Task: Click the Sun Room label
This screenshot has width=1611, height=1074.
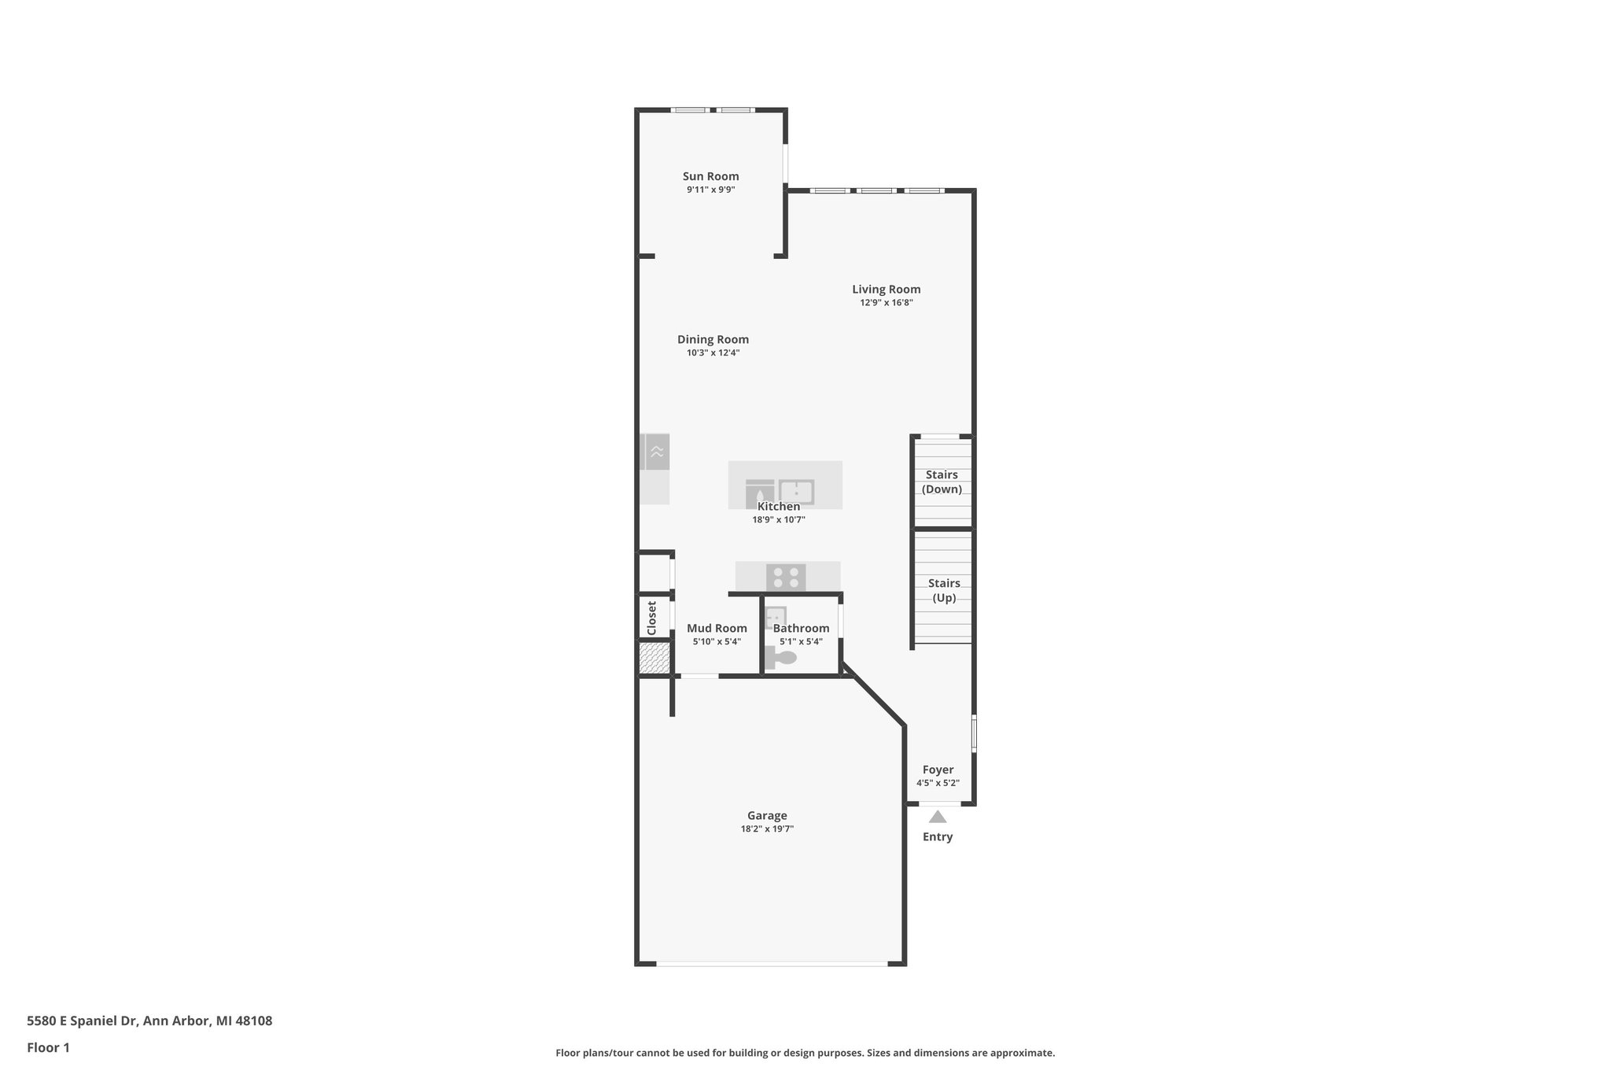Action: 710,176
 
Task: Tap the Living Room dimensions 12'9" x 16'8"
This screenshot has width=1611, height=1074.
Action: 886,303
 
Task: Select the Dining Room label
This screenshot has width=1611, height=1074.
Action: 713,340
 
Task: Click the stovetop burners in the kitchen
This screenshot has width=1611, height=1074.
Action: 786,578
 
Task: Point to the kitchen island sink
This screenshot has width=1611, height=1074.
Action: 796,492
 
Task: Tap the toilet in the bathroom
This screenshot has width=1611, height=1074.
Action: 780,659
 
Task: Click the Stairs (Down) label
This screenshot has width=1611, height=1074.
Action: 942,482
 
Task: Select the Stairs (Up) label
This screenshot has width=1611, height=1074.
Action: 943,590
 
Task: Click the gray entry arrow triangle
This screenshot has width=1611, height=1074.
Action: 937,817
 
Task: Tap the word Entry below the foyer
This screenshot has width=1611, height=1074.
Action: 937,837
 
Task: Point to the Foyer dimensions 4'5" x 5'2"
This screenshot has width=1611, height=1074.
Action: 938,784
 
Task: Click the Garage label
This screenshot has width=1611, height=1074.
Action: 767,816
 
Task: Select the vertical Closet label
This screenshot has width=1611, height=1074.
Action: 651,618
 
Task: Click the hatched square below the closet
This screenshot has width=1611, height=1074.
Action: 654,658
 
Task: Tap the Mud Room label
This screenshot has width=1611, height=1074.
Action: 717,629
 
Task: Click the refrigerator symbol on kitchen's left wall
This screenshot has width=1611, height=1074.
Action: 655,452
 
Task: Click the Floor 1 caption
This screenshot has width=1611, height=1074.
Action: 49,1047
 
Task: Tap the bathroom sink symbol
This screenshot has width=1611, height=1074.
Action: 776,616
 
